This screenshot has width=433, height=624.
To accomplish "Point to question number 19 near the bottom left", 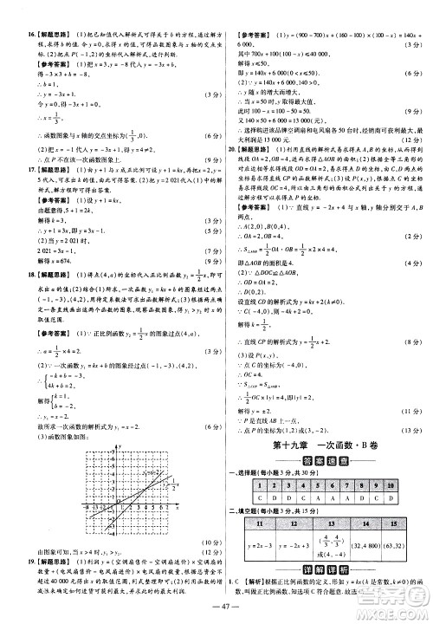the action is pyautogui.click(x=17, y=562).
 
